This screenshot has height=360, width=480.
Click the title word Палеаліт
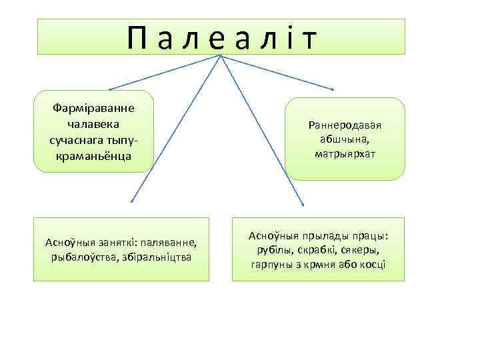pos(221,38)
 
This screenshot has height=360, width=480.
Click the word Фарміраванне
pos(93,109)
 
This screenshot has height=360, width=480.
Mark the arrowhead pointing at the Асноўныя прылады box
pos(303,204)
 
